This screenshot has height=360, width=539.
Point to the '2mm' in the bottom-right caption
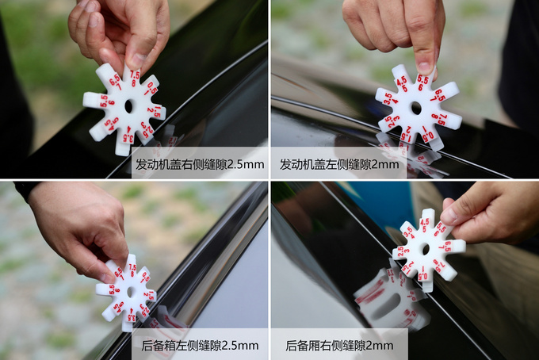pos(379,346)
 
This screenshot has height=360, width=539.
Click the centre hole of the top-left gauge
pos(128,105)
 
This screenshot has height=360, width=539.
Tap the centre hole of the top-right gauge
pos(415,108)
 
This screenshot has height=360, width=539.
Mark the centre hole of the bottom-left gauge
pos(130,292)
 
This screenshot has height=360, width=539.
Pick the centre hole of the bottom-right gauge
pos(425,248)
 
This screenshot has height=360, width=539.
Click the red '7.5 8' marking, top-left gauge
pos(135,78)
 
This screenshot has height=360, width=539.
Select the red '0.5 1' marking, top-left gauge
pos(151,89)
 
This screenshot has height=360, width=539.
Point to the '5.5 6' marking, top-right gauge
pos(423,81)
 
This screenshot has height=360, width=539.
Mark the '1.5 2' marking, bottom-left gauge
pos(148,295)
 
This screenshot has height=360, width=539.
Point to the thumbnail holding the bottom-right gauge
pos(449,215)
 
